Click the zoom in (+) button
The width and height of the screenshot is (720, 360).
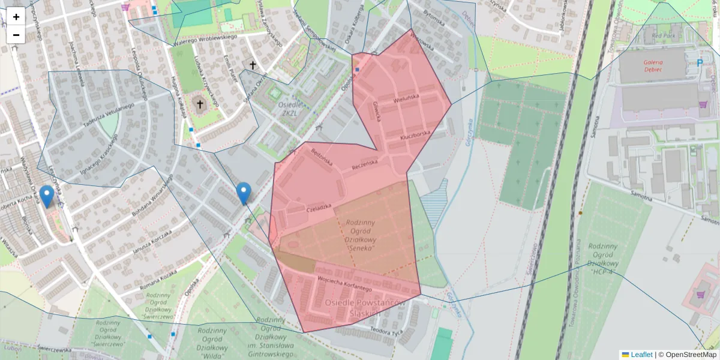click(16, 17)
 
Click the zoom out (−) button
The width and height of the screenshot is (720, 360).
click(16, 35)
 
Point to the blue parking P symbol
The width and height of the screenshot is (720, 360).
click(700, 62)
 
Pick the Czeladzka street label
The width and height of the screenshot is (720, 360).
click(319, 208)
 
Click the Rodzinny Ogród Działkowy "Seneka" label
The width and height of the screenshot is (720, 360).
click(361, 235)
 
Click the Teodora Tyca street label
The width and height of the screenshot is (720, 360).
click(386, 331)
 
